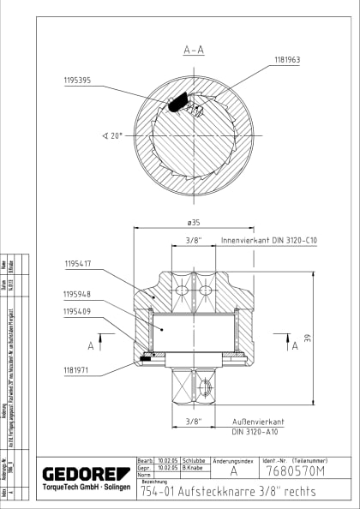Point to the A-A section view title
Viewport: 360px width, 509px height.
[193, 51]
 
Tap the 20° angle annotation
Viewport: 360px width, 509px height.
[112, 135]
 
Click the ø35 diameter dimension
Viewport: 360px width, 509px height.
[194, 224]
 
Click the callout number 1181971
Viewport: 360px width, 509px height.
[82, 370]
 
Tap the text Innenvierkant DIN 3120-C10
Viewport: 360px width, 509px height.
[269, 242]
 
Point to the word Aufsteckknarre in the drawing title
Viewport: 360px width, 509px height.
[208, 492]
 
